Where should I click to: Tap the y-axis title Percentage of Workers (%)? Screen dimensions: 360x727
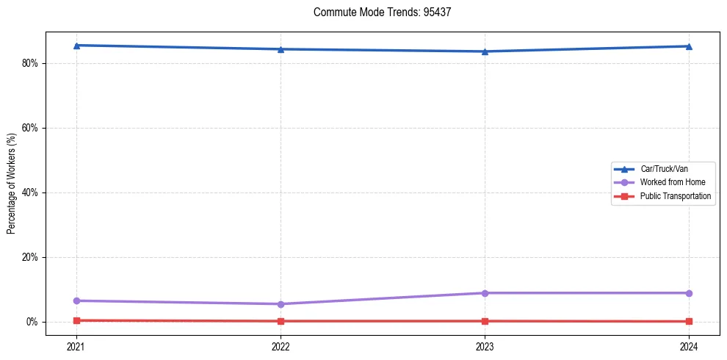[x=12, y=183]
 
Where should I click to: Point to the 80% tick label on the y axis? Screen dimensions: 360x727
[x=30, y=63]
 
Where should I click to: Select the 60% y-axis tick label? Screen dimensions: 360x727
[x=30, y=128]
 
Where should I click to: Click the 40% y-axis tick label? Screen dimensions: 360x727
[x=30, y=192]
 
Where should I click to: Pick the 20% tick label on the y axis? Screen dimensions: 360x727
[x=30, y=257]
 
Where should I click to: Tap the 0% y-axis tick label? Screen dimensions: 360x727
[x=32, y=322]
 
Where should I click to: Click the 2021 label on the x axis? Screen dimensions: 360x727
[x=76, y=346]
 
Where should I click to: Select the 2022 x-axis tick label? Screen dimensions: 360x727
[x=281, y=346]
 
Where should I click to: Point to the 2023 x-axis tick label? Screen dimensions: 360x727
[x=485, y=346]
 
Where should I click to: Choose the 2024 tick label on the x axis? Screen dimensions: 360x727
[x=689, y=346]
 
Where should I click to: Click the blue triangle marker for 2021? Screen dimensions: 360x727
[x=76, y=46]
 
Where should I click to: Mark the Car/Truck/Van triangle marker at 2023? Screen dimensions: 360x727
[x=485, y=51]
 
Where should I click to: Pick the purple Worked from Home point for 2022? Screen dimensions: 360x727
[x=281, y=304]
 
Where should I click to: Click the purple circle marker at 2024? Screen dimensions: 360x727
[x=689, y=293]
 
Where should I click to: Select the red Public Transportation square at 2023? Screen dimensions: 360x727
[x=485, y=321]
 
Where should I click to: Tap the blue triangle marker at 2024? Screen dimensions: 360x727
[x=689, y=46]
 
